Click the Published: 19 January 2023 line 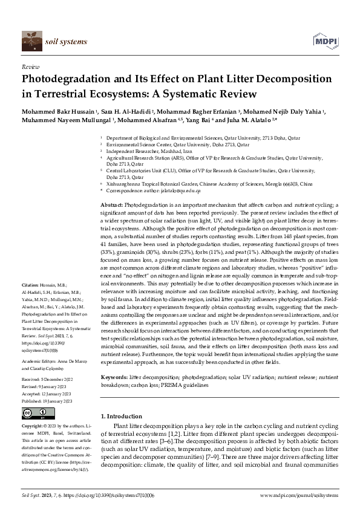click(50, 400)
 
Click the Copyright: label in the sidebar click(34, 426)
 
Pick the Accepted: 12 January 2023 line click(48, 394)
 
